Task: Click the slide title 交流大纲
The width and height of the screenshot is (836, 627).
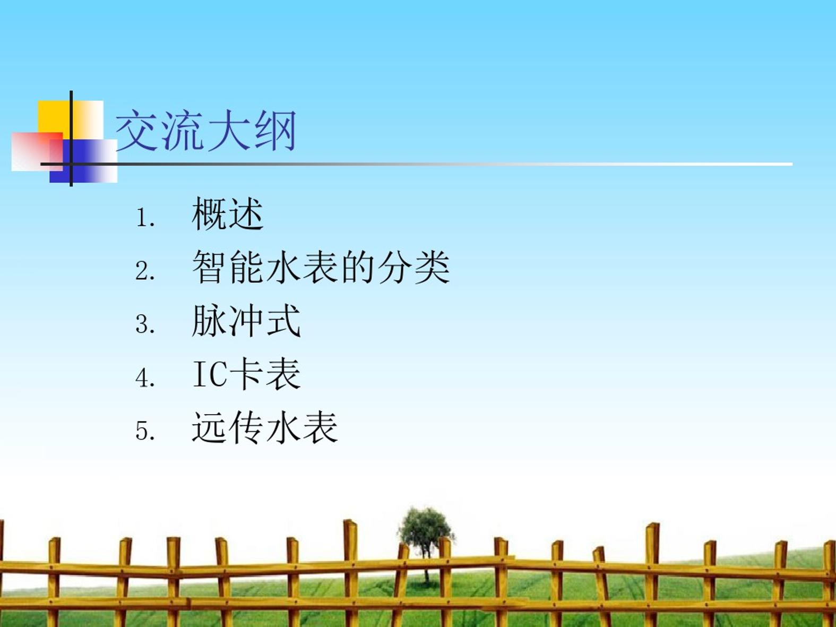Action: pos(206,130)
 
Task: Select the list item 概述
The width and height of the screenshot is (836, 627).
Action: pos(227,214)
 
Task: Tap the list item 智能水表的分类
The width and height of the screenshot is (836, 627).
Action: pos(321,267)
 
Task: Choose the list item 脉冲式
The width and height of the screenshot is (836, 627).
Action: pos(246,321)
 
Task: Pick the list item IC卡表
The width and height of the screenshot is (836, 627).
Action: pos(246,374)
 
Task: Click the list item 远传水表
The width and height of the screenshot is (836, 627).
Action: pos(265,427)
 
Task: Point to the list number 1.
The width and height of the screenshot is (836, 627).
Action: pos(145,218)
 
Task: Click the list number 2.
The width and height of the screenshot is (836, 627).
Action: pos(145,271)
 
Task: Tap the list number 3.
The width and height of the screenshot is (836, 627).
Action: pos(145,324)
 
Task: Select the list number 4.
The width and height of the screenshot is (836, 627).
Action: pos(145,378)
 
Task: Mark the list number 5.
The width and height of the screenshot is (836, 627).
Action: pos(145,431)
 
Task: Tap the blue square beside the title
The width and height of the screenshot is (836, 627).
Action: pos(83,161)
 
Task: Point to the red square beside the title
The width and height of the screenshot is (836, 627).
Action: pos(37,152)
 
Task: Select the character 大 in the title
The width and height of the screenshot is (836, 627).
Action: pos(229,130)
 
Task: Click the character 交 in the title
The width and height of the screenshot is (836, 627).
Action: pos(137,130)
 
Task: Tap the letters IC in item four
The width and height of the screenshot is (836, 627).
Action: pos(210,374)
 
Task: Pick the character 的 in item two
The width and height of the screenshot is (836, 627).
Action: pos(358,267)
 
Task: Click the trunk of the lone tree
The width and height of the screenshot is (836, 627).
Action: pos(426,568)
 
